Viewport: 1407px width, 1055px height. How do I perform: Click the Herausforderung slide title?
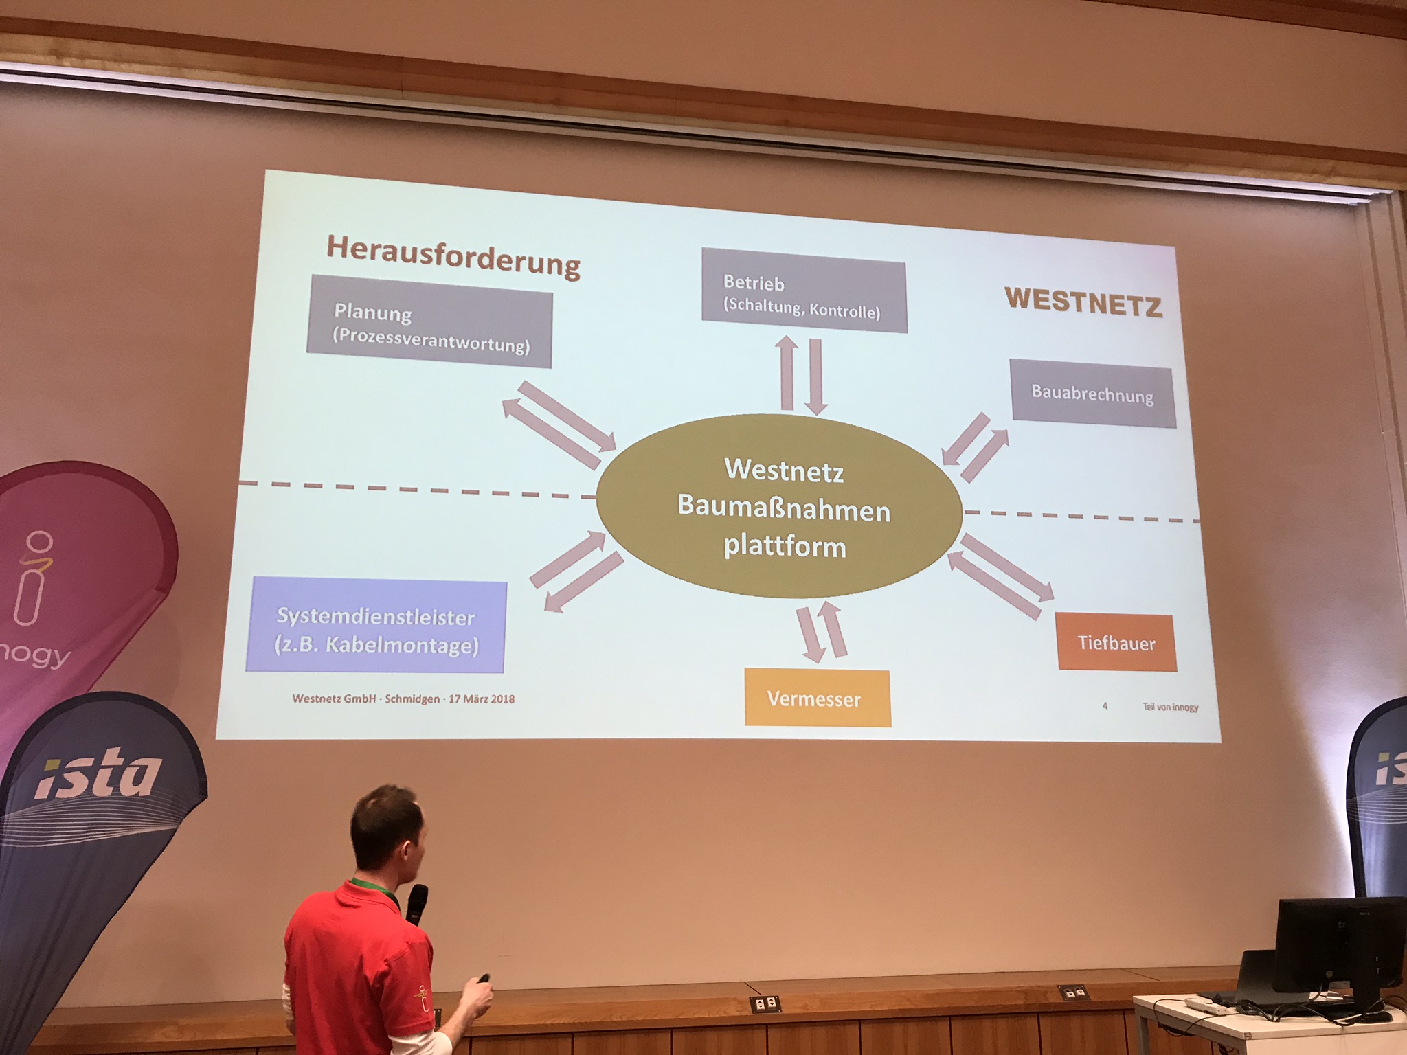click(453, 256)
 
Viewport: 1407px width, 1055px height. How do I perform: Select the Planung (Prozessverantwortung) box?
click(429, 322)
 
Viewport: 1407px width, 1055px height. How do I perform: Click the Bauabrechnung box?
click(1092, 396)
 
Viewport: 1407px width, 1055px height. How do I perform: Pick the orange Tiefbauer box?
click(1116, 643)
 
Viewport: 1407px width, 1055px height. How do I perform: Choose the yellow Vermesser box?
click(817, 699)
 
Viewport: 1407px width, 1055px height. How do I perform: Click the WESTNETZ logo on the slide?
click(1083, 302)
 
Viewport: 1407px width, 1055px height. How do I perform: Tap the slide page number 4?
click(1105, 705)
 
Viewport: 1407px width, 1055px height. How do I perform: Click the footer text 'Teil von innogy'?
click(1170, 707)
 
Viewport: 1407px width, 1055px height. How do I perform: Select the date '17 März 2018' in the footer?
click(482, 699)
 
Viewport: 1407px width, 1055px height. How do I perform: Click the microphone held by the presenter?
click(416, 903)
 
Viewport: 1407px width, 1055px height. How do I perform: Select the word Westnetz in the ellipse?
click(784, 470)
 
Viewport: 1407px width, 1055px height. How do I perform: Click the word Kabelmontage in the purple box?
click(401, 645)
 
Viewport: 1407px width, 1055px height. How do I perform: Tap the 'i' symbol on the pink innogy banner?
click(34, 577)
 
